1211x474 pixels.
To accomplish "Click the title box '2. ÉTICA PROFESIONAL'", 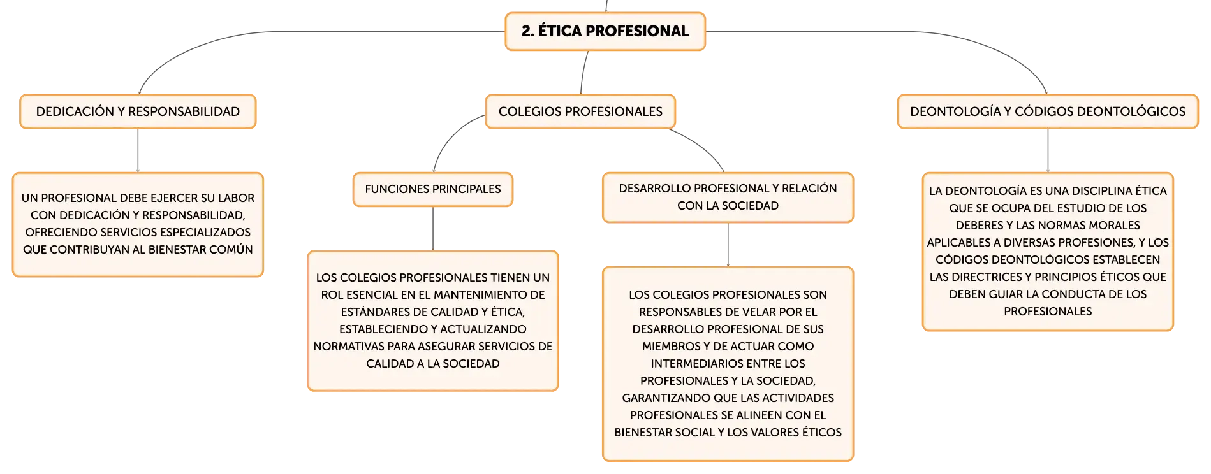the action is [x=605, y=31].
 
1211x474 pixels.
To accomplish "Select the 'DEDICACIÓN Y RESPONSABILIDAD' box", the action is [x=138, y=111].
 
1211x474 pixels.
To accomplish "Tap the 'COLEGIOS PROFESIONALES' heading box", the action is [x=580, y=111].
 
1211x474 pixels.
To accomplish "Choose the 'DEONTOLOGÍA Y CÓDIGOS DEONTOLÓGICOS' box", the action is [x=1048, y=111].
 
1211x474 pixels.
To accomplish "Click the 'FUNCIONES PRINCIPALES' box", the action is [x=433, y=189].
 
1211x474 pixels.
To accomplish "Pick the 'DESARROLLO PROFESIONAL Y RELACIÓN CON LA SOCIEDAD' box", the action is [x=728, y=197].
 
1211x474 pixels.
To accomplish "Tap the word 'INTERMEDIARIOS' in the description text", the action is [x=689, y=364].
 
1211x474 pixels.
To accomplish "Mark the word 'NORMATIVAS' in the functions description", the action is [x=343, y=347].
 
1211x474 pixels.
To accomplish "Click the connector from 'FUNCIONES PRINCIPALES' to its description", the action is [x=433, y=229].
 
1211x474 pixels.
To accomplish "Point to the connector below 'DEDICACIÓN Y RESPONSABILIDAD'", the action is [x=138, y=151].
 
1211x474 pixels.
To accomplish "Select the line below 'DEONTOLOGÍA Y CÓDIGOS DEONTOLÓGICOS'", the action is [x=1048, y=151].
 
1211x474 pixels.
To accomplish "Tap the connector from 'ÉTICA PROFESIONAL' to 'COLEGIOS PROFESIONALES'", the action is [x=583, y=73].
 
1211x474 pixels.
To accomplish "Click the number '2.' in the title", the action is [x=527, y=31].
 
